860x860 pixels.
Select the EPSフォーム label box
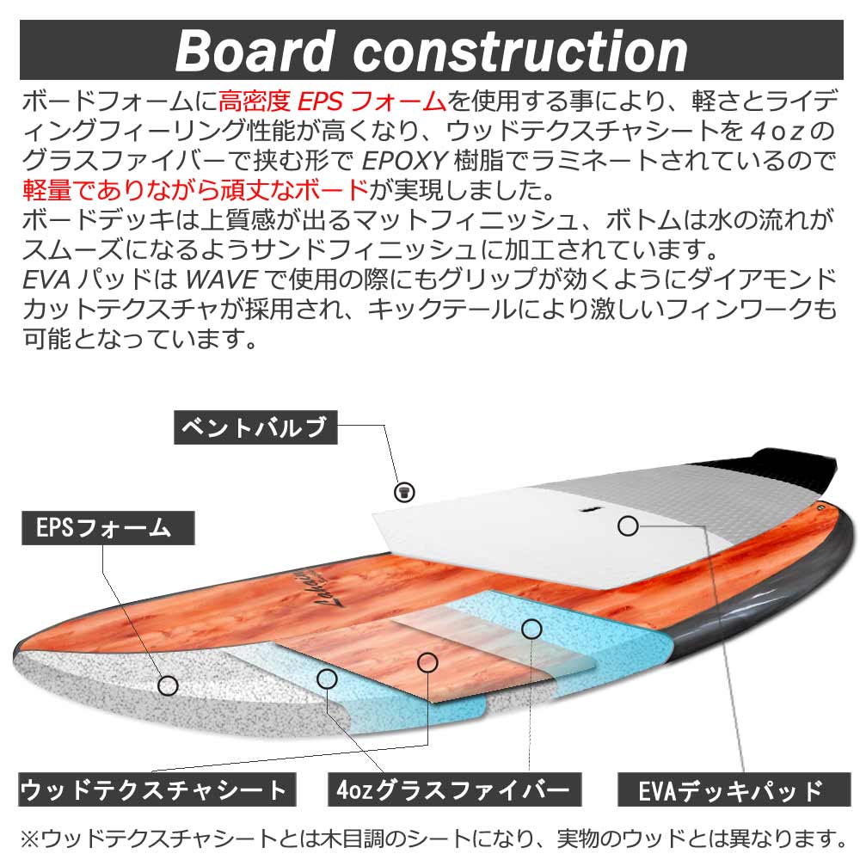(108, 527)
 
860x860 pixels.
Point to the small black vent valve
(402, 492)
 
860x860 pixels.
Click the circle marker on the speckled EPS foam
(169, 685)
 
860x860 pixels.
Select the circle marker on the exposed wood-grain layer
(427, 662)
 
